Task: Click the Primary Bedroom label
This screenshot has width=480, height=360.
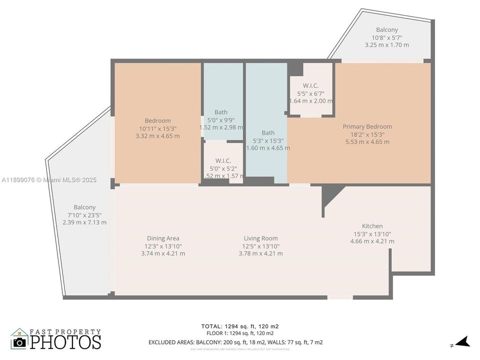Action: click(x=367, y=126)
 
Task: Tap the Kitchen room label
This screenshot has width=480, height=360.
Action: click(x=372, y=226)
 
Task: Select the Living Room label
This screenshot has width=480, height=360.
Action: click(x=260, y=238)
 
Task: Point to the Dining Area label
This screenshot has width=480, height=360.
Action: click(x=163, y=238)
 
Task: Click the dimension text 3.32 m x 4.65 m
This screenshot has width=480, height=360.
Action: click(x=157, y=136)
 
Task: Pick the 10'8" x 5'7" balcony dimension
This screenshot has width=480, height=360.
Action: click(x=386, y=37)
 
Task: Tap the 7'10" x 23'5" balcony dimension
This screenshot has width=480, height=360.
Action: click(x=84, y=215)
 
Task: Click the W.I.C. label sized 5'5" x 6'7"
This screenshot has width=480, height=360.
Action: click(x=310, y=85)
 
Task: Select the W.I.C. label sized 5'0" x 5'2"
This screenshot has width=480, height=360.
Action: click(x=223, y=160)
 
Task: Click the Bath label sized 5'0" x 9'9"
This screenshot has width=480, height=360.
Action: click(x=220, y=112)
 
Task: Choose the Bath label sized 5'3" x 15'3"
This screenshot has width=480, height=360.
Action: click(x=268, y=132)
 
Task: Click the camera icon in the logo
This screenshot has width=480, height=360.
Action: click(x=19, y=342)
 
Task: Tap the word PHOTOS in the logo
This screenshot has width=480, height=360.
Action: click(x=65, y=341)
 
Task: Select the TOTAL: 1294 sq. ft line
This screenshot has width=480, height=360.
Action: click(x=240, y=326)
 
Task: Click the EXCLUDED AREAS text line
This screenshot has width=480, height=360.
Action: click(x=235, y=342)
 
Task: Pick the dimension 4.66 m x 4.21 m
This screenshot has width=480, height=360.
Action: click(x=372, y=241)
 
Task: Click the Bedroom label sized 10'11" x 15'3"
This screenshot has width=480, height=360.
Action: click(x=157, y=120)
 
